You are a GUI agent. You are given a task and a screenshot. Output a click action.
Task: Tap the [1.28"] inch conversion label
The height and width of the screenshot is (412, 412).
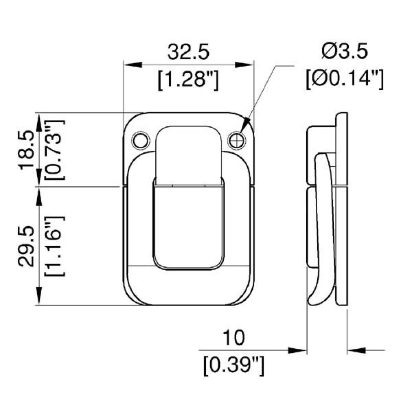[x=188, y=80]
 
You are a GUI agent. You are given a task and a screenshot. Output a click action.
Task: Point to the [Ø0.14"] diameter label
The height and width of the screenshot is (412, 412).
[x=345, y=79]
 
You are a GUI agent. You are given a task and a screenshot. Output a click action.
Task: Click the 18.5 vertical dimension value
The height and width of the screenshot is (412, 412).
[x=26, y=149]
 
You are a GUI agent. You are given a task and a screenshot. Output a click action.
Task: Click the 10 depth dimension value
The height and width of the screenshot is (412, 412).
[x=233, y=338]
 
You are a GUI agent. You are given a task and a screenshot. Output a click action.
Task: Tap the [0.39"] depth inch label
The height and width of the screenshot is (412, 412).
[x=233, y=366]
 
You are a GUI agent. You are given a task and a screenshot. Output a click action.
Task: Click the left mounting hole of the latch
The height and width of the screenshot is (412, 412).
[x=140, y=141]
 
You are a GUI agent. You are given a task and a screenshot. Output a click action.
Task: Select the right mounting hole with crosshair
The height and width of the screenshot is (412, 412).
[x=236, y=141]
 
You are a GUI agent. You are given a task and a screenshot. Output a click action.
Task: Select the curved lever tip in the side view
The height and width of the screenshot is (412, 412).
[x=315, y=298]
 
